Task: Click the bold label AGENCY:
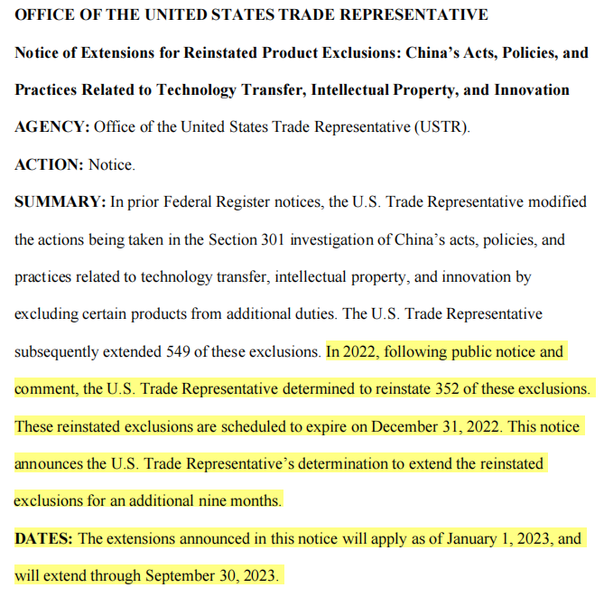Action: [x=51, y=127]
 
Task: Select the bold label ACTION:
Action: [x=49, y=164]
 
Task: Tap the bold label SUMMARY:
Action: [x=60, y=201]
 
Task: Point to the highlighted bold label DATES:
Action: [x=43, y=538]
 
